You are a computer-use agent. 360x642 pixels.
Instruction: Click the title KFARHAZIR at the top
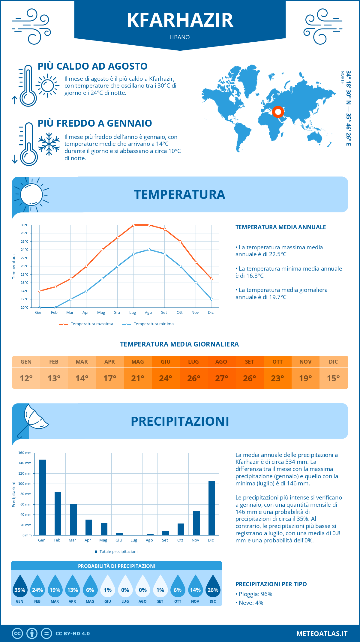coord(180,20)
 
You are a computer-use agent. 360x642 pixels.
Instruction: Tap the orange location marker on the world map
coord(278,112)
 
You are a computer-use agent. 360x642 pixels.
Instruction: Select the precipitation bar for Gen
coord(43,497)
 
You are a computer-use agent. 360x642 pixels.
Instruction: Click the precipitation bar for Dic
coord(212,508)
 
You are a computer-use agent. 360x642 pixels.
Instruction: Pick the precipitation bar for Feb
coord(58,514)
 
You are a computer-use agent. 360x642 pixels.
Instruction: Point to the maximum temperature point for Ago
coord(149,225)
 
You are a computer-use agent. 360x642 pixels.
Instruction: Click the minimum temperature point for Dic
coord(211,299)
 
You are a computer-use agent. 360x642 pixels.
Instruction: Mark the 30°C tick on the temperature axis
coord(25,225)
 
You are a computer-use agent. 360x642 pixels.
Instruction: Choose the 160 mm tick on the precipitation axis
coord(25,453)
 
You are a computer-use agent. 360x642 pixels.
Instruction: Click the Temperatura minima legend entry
coord(148,324)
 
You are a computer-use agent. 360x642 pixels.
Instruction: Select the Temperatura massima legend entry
coord(86,324)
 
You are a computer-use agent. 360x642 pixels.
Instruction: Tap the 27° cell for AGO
coord(221,378)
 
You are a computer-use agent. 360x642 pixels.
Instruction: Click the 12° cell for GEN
coord(26,378)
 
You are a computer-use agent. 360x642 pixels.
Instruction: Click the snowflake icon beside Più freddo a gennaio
coord(49,144)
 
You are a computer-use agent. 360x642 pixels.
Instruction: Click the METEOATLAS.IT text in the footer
coord(322,634)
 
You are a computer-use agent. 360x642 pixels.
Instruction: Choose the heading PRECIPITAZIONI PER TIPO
coord(271,584)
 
